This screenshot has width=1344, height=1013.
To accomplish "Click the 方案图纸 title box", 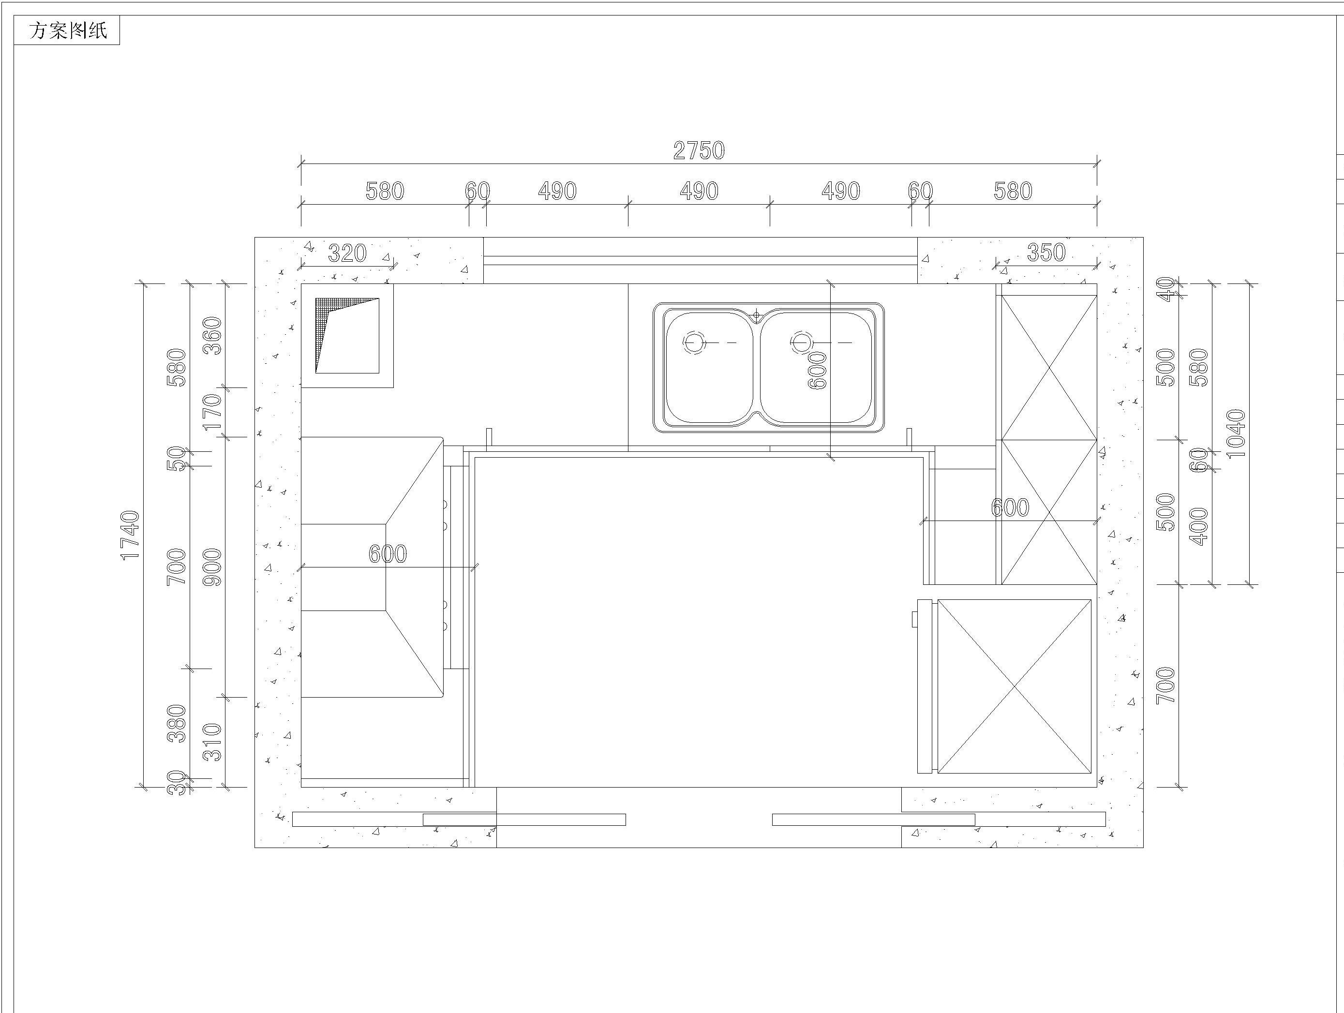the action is coord(67,30).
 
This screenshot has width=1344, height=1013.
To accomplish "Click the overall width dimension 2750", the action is coord(699,151).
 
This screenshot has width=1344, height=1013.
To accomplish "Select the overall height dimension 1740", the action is coord(131,535).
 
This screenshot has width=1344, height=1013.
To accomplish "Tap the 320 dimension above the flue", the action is coord(347,253).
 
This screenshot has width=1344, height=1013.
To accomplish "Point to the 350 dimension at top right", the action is coord(1046,252).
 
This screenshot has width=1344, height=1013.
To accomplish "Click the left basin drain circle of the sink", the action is coord(694,343).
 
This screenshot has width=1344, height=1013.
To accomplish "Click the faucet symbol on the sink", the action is coord(757,315).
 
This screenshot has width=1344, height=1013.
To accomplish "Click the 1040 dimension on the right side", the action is coord(1236,433).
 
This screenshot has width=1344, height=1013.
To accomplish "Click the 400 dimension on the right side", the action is coord(1199,526).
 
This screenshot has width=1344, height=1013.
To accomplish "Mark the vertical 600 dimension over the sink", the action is coord(818,370).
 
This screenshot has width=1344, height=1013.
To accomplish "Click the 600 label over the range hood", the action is coord(388,553).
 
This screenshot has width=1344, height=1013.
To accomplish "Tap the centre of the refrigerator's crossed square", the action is coord(1015,686).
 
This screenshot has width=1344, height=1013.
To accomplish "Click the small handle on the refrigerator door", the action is coord(914,619).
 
